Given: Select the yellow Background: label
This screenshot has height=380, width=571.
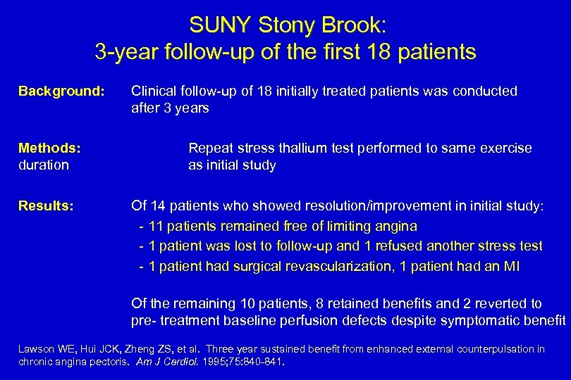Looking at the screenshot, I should pyautogui.click(x=61, y=91).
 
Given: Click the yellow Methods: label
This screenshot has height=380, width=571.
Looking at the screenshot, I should pyautogui.click(x=49, y=148).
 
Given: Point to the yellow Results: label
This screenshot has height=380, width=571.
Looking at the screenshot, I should pyautogui.click(x=46, y=206).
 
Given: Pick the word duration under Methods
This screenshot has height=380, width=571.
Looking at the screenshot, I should pyautogui.click(x=44, y=165).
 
